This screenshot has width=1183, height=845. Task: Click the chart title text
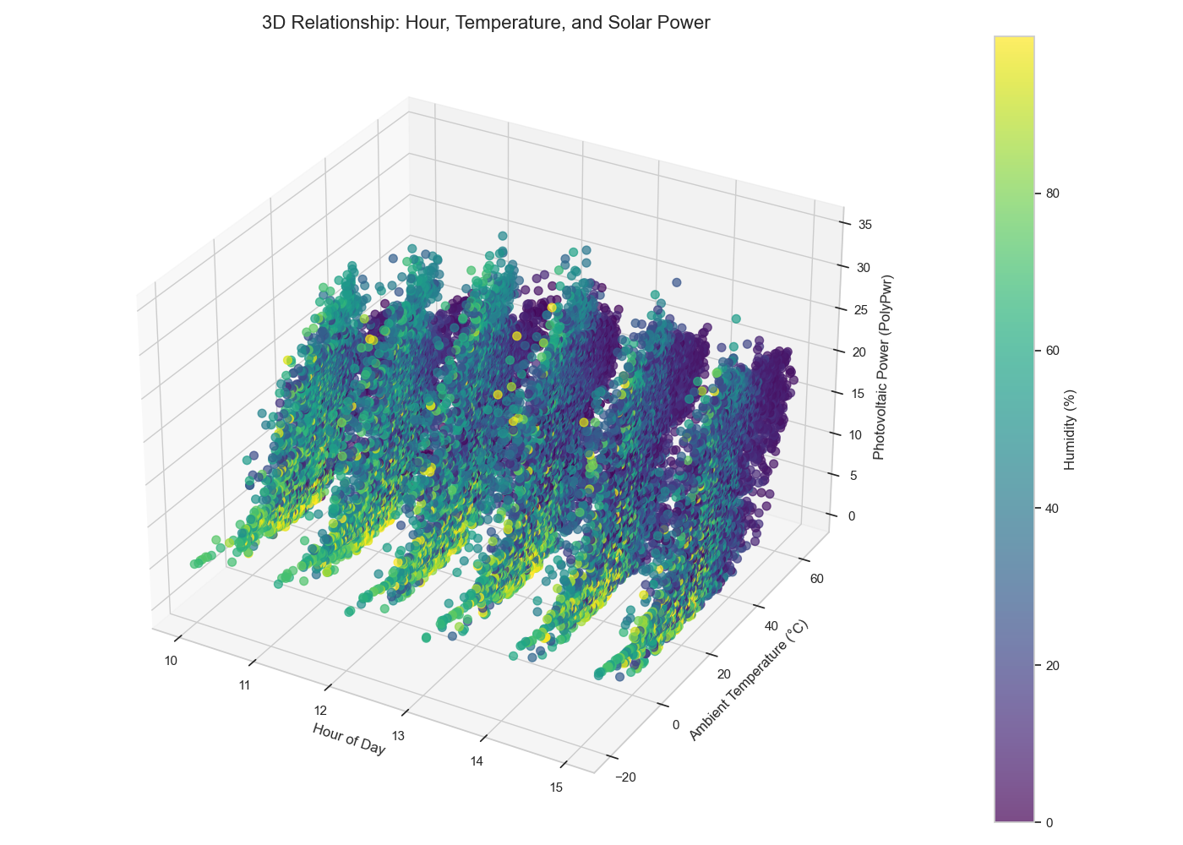tap(486, 23)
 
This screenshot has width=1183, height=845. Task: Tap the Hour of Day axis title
tap(349, 739)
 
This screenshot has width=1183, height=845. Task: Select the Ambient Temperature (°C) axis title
tap(748, 681)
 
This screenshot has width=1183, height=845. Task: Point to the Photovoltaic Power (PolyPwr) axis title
tap(879, 368)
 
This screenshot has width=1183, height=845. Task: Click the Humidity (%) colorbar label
tap(1070, 429)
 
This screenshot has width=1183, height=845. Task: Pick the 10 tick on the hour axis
tap(171, 661)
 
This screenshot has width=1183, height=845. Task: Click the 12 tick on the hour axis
tap(321, 711)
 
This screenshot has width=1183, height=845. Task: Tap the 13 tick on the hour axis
tap(398, 736)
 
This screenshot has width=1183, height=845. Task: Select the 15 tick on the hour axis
tap(556, 788)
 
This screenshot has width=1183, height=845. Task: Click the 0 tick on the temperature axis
tap(676, 724)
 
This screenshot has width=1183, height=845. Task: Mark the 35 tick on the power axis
tap(864, 225)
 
